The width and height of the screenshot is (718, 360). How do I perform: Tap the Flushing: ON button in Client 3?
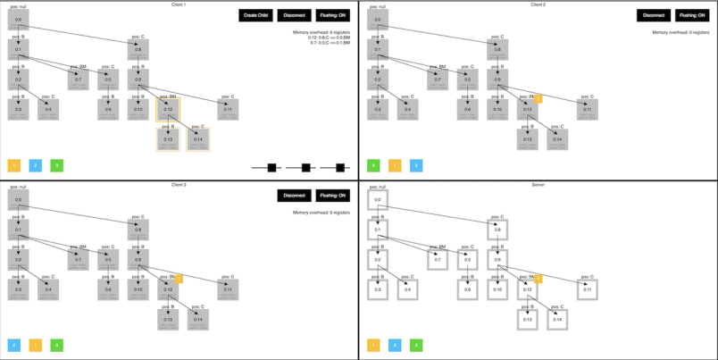coord(332,196)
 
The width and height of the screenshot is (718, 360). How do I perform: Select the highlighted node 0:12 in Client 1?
coord(168,109)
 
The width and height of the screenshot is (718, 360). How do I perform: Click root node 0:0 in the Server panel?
coord(378,200)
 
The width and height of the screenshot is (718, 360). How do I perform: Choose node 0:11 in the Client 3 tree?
coord(228,289)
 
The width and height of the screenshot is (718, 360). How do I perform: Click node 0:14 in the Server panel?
coord(557,318)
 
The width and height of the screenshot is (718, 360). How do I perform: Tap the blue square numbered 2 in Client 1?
coord(35,165)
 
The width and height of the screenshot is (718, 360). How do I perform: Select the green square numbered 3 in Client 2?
coord(372,165)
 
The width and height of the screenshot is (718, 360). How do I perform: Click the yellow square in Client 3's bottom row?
coord(35,345)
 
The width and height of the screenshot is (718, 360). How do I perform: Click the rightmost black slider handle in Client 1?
coord(340,167)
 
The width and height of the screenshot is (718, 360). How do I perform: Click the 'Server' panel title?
coord(538,185)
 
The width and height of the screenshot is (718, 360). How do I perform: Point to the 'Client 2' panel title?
coord(538,4)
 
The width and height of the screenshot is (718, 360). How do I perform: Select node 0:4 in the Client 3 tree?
coord(48,289)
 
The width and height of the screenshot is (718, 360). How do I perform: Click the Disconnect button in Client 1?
coord(294,15)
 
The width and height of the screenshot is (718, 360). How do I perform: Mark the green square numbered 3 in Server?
coord(414,345)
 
